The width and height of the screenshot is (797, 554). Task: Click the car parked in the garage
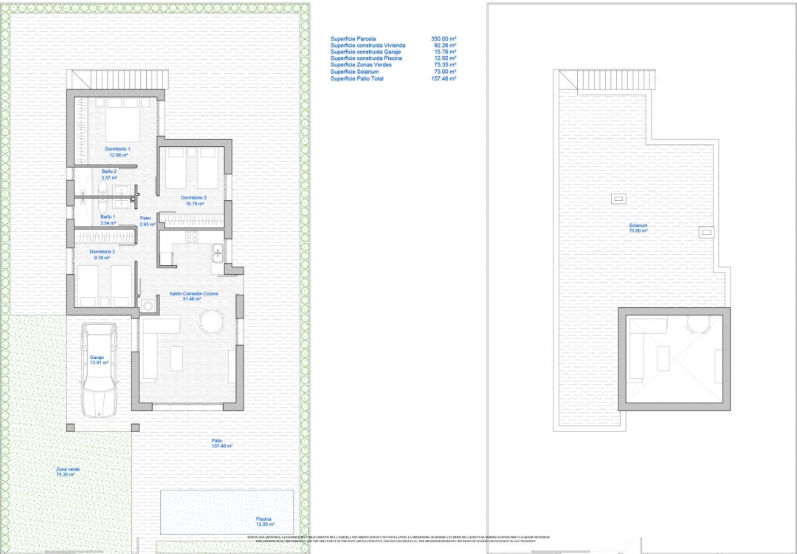tap(100, 371)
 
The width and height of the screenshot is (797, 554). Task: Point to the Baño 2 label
tap(109, 174)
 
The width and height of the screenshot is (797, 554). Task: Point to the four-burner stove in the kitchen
tap(191, 237)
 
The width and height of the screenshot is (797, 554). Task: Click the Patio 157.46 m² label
tap(221, 443)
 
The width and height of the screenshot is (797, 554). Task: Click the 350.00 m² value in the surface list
tap(444, 38)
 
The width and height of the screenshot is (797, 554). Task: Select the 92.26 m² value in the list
tap(444, 45)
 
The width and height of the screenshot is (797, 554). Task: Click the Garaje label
tap(97, 360)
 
